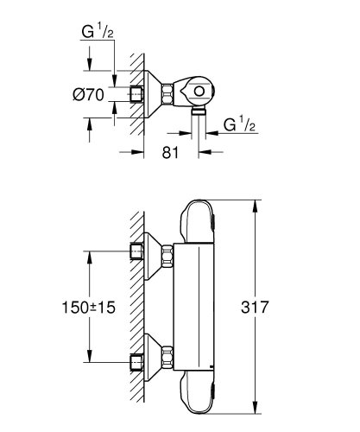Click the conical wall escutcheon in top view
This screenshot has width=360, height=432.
click(x=152, y=93)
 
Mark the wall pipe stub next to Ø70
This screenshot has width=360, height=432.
click(x=136, y=93)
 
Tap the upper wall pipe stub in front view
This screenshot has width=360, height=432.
click(x=136, y=252)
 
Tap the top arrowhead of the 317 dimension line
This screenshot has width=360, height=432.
click(x=256, y=204)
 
